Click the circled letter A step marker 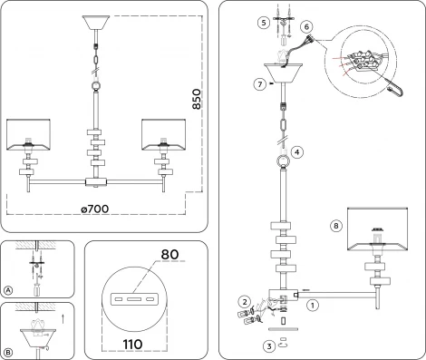pyautogui.click(x=8, y=291)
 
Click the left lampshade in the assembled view pyautogui.click(x=33, y=133)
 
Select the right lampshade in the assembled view pyautogui.click(x=164, y=133)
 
